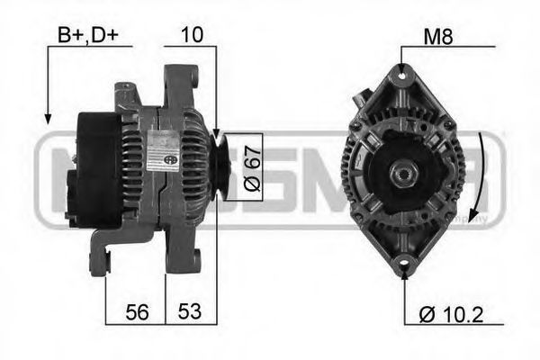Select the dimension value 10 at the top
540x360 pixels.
coord(191,35)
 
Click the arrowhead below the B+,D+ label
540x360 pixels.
coord(45,118)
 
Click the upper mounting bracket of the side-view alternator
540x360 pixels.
coord(180,81)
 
